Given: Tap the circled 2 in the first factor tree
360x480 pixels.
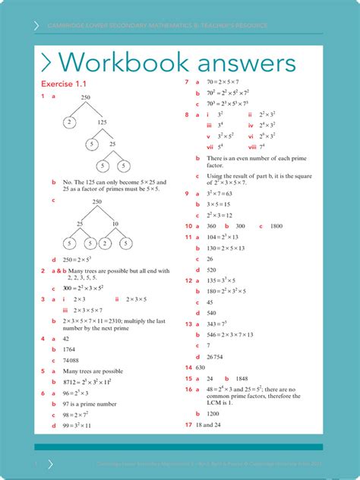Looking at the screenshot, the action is tap(69, 122).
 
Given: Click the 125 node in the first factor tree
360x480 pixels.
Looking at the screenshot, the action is tap(102, 122).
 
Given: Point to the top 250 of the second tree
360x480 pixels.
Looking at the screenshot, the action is tap(96, 202).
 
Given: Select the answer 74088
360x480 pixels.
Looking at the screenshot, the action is tap(71, 360).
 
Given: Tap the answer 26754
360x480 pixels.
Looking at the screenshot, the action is tap(215, 356).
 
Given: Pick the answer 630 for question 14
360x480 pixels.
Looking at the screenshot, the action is tap(201, 367).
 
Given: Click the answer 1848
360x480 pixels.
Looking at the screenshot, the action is tap(242, 378).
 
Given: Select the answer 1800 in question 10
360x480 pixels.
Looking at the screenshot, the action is tap(276, 226).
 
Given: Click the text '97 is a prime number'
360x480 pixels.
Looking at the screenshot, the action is tap(91, 404).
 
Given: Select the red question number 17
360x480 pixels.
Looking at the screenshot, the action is tap(188, 425).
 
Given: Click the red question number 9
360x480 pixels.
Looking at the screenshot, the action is tap(187, 194).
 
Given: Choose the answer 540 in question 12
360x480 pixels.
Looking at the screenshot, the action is tap(211, 313).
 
